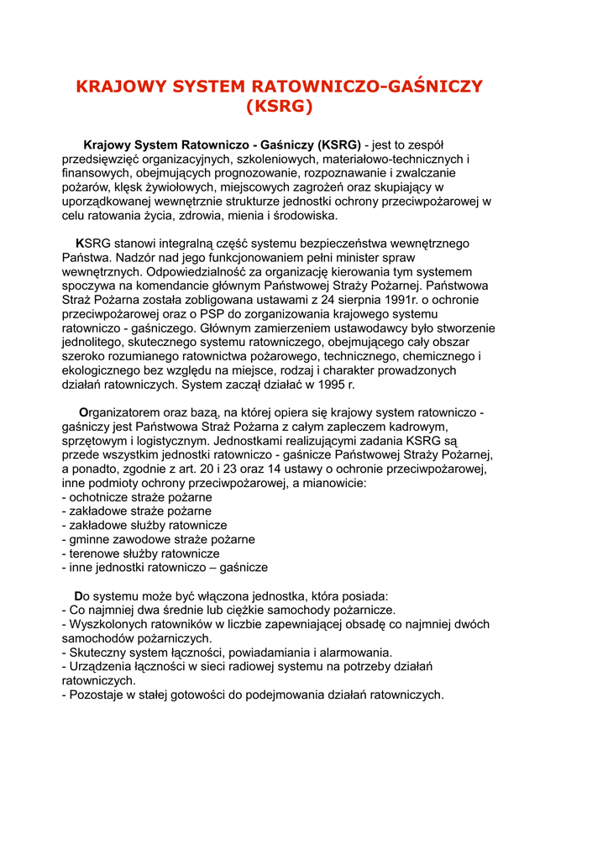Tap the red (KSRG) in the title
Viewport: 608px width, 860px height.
(x=279, y=107)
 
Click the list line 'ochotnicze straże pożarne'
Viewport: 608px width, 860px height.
(x=137, y=497)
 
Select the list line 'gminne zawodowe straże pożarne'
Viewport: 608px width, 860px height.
(x=159, y=539)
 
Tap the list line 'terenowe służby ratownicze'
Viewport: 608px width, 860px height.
(x=141, y=553)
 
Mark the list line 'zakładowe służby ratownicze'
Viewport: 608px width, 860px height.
(x=144, y=525)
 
